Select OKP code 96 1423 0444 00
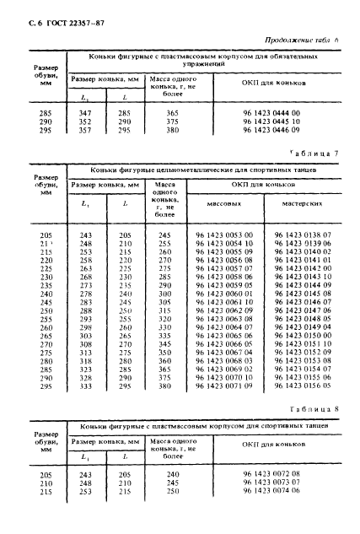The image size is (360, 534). tap(271, 112)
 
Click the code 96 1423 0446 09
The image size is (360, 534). tap(271, 132)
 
